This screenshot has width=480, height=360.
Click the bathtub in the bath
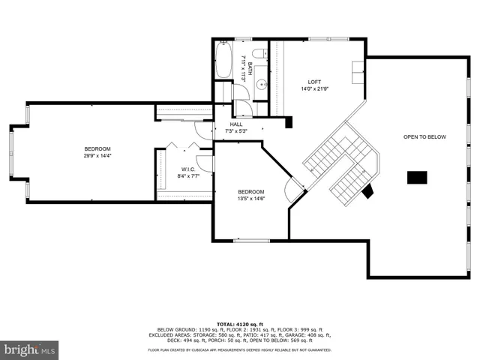[x=224, y=61]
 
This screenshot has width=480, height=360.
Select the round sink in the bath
[x=262, y=84]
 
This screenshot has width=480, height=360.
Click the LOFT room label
[x=315, y=82]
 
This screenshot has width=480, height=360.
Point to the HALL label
[x=236, y=124]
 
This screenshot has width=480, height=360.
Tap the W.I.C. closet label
[x=188, y=169]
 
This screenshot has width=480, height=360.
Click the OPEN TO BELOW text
[x=424, y=137]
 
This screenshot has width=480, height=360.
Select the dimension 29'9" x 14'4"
[x=97, y=156]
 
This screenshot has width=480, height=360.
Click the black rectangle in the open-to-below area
[x=417, y=178]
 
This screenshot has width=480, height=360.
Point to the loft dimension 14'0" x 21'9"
[x=315, y=89]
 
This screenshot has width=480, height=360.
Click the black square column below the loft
[x=289, y=121]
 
